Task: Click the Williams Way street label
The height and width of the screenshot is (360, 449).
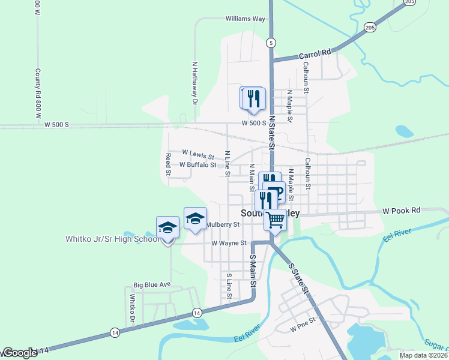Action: pos(246,19)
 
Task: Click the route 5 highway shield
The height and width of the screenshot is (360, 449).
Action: pos(271,43)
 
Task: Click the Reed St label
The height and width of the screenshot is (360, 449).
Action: pos(169,164)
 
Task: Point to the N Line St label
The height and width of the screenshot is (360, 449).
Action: pos(228,163)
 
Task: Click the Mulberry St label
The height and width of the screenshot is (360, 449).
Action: pos(223,224)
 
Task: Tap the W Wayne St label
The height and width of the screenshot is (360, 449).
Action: pos(229,243)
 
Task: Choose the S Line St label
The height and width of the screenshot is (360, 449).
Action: pos(229,287)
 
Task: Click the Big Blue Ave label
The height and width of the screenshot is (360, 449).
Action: pos(152,284)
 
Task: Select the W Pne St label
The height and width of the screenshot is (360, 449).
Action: pos(303,329)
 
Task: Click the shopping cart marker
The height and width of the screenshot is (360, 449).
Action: pos(276,220)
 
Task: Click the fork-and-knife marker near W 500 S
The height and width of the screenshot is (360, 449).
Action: pos(254,98)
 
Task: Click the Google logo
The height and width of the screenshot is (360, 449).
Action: pos(20,353)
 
